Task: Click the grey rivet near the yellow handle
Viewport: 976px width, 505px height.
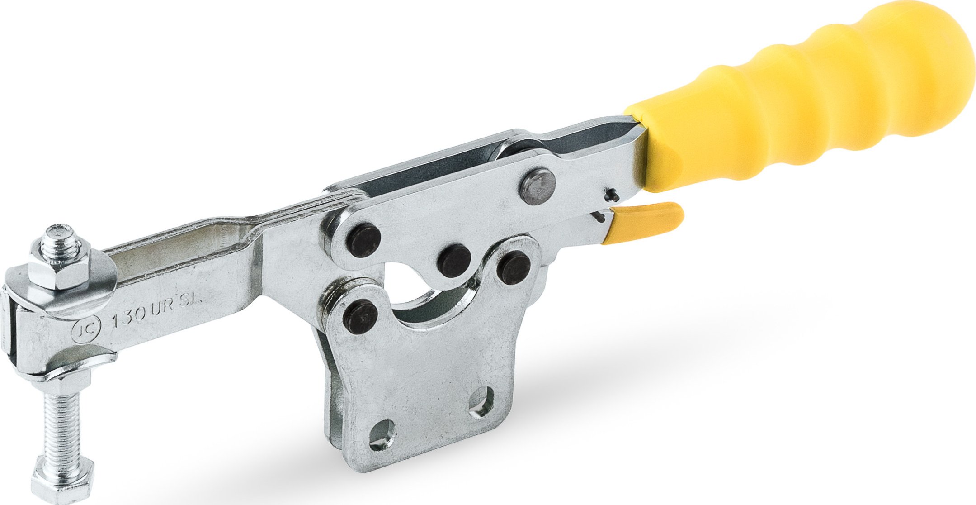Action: click(538, 186)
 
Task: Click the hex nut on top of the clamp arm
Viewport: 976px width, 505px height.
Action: click(59, 271)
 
